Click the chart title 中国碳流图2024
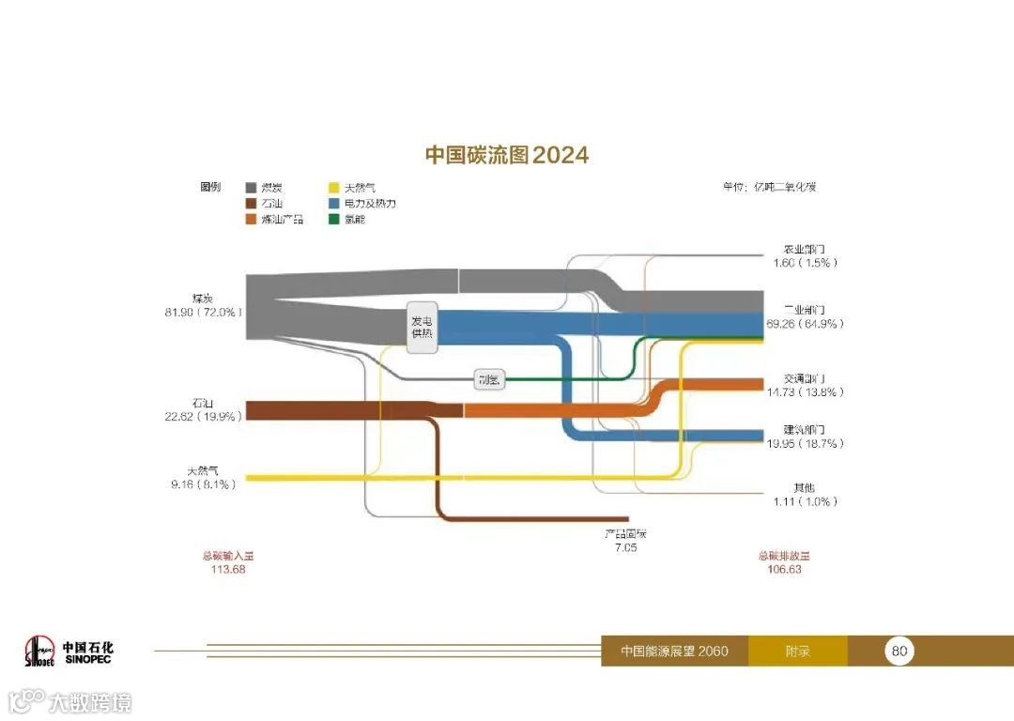coord(507,155)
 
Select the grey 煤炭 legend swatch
coord(252,188)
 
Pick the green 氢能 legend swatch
coord(334,219)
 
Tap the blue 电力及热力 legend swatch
coord(334,203)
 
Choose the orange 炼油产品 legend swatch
coord(252,219)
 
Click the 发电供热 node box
coord(422,328)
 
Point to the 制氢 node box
coord(489,379)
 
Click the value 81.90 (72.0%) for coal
coord(204,312)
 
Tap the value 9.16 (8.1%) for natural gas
coord(201,484)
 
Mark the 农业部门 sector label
coord(804,250)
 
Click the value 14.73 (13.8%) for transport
coord(805,392)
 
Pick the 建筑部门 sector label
coord(804,430)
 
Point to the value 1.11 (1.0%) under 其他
coord(805,501)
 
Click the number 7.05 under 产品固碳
coord(625,547)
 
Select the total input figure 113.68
coord(227,569)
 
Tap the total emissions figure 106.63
coord(783,569)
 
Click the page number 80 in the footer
coord(899,651)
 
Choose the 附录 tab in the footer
coord(797,651)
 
